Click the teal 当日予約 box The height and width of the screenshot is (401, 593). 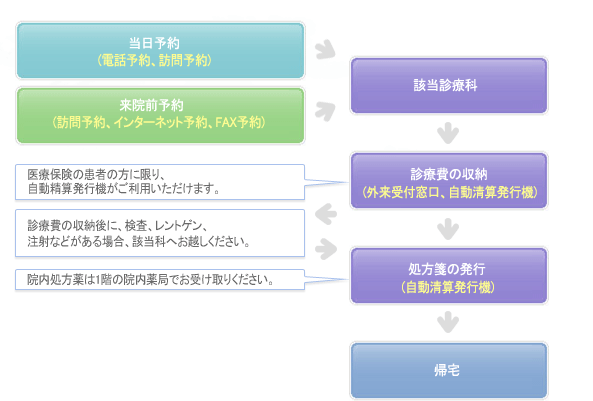tap(160, 51)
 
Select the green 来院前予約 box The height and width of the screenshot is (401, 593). tap(160, 115)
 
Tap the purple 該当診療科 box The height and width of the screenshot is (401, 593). tap(449, 85)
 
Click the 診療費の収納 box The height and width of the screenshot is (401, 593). tap(449, 181)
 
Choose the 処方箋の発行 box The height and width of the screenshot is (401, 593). tap(449, 276)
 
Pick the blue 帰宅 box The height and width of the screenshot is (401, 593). tap(449, 371)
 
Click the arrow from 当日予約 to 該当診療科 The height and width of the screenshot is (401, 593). tap(326, 50)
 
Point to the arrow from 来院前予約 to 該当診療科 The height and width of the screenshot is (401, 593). tap(326, 111)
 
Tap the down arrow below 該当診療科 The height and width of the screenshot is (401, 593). tap(448, 133)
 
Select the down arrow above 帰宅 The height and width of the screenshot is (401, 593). tap(448, 322)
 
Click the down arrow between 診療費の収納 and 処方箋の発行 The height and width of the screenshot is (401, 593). tap(448, 229)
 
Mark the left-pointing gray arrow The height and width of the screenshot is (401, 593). tap(325, 214)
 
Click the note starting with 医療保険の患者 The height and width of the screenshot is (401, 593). tap(160, 182)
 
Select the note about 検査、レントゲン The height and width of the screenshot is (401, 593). tap(160, 233)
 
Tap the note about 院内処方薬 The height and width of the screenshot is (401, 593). tap(160, 280)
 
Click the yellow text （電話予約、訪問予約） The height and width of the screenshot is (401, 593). tap(154, 60)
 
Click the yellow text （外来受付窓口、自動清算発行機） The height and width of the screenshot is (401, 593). tap(449, 192)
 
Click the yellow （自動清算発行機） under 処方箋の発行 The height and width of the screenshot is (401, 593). tap(448, 287)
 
